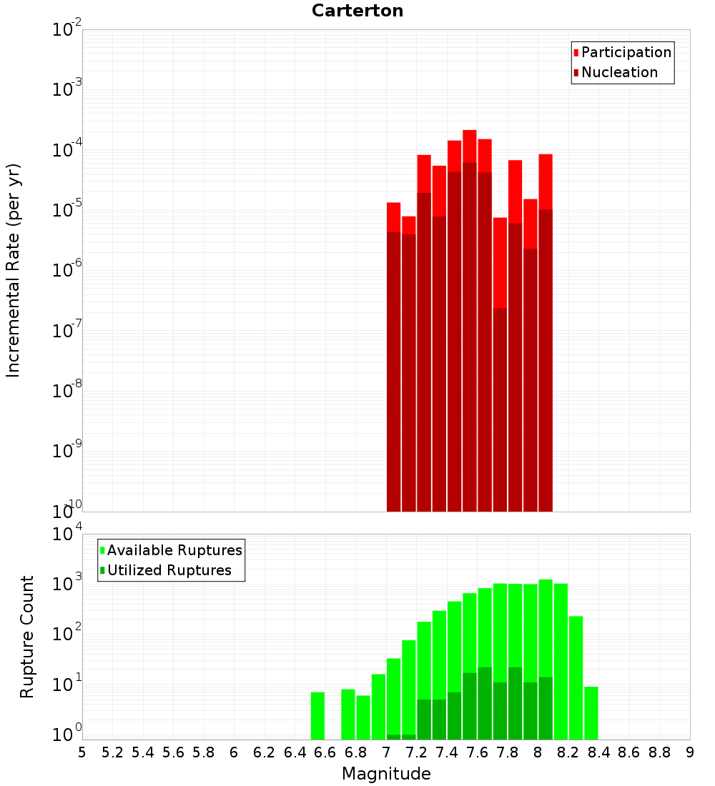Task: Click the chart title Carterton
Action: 357,11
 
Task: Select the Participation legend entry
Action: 626,52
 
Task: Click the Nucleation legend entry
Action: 618,72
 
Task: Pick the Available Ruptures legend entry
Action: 174,550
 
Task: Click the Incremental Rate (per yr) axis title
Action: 14,270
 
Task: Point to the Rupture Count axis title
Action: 27,636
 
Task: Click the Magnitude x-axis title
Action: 386,774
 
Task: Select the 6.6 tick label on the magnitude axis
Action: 325,752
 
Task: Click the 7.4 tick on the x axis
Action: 447,752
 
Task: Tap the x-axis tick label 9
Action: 690,752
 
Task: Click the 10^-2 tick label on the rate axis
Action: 67,30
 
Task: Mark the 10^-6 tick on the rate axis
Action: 67,271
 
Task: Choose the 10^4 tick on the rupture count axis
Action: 69,534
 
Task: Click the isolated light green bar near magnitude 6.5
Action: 317,715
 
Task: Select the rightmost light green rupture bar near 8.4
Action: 591,712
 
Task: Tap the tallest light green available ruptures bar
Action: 546,657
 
